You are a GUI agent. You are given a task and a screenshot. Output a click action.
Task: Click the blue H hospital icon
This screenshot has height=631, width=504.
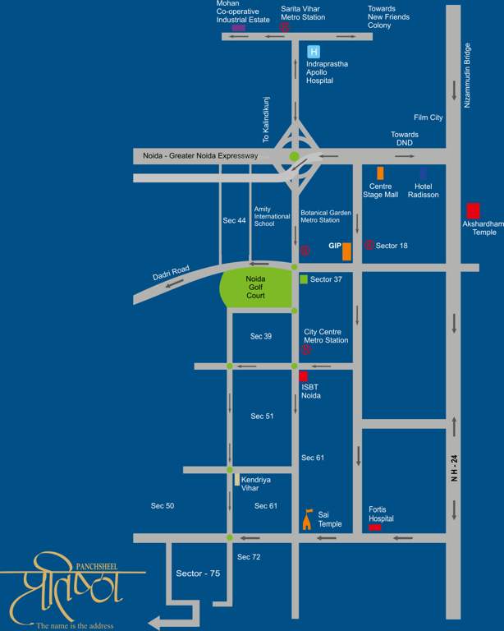pyautogui.click(x=313, y=51)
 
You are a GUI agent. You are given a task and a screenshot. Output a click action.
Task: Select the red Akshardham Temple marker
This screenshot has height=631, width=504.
pyautogui.click(x=473, y=210)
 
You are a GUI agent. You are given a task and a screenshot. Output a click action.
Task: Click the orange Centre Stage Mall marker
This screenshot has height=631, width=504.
pyautogui.click(x=379, y=173)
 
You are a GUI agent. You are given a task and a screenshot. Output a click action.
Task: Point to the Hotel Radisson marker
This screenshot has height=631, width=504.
pyautogui.click(x=423, y=173)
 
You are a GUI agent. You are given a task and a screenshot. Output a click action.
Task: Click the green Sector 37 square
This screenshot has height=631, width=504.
pyautogui.click(x=304, y=279)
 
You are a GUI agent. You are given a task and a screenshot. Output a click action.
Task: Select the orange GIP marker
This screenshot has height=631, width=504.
pyautogui.click(x=347, y=251)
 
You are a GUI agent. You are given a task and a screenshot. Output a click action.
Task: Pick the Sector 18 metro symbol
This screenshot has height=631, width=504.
pyautogui.click(x=369, y=245)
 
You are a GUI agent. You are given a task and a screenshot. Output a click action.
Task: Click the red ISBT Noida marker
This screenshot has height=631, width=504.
pyautogui.click(x=303, y=376)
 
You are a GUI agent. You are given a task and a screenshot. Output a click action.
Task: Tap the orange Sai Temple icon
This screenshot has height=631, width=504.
pyautogui.click(x=308, y=518)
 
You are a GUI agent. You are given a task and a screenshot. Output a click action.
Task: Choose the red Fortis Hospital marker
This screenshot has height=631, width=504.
pyautogui.click(x=374, y=527)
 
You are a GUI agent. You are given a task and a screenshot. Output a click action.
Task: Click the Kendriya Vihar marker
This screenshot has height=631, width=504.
pyautogui.click(x=237, y=479)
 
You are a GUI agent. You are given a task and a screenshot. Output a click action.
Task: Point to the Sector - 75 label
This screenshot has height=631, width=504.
pyautogui.click(x=198, y=573)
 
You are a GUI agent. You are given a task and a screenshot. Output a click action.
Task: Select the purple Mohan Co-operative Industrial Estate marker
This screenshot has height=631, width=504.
pyautogui.click(x=238, y=28)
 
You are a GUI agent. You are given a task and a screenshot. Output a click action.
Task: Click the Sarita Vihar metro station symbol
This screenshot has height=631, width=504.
pyautogui.click(x=284, y=26)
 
